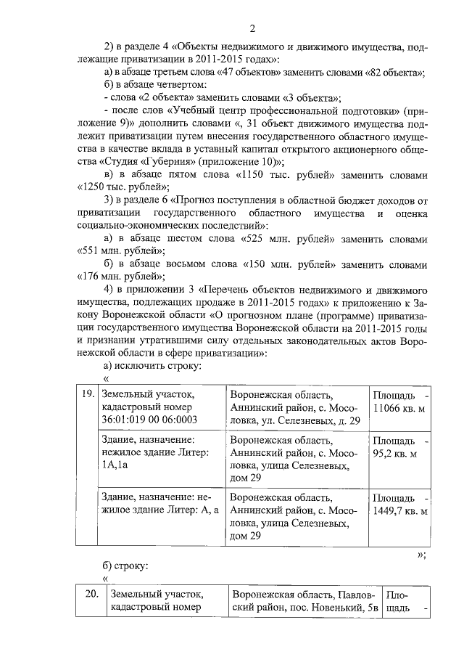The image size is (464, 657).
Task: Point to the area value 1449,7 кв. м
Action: (x=399, y=511)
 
